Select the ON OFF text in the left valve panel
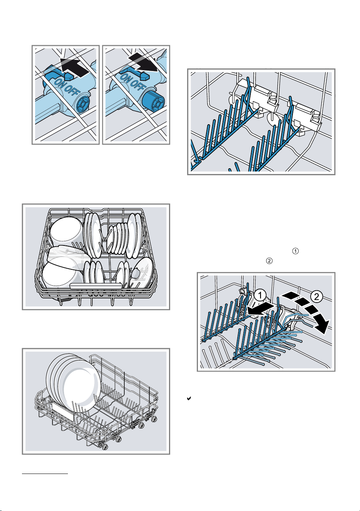[x=68, y=88]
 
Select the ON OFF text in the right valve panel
[x=133, y=82]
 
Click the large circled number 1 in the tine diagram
[x=260, y=296]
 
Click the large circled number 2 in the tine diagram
[x=316, y=297]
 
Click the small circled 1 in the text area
[x=296, y=251]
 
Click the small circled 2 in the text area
[x=269, y=261]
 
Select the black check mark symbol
[x=189, y=398]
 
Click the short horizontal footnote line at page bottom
[x=45, y=474]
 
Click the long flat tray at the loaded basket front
[x=96, y=286]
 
